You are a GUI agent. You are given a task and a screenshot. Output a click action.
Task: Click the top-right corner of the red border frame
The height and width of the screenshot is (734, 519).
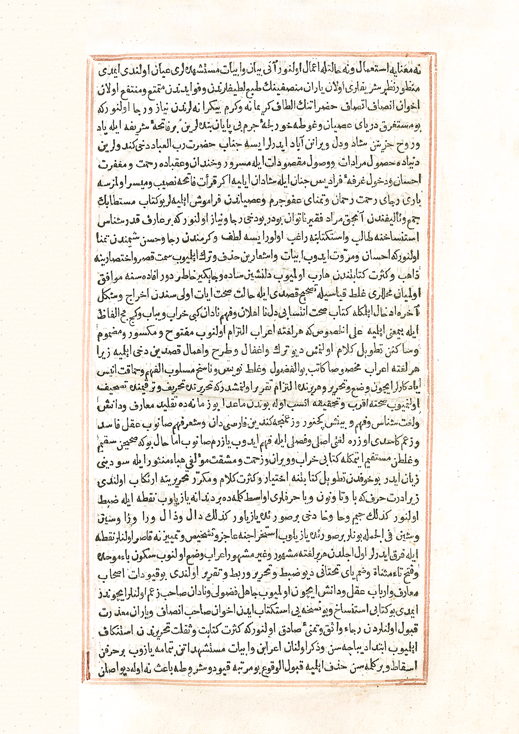(x=435, y=53)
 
